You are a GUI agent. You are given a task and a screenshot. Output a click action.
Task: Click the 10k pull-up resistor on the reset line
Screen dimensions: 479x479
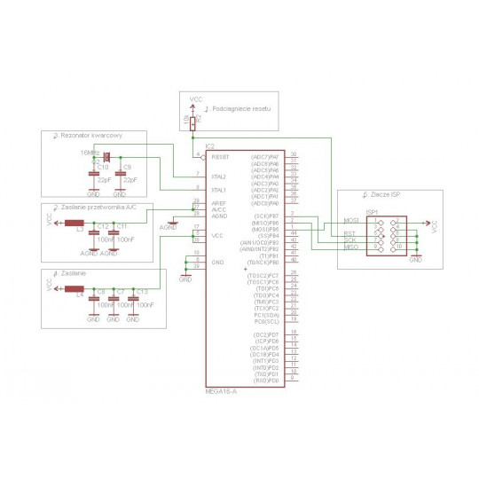(192, 122)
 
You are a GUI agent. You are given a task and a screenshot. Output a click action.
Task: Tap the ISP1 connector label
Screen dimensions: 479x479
(373, 212)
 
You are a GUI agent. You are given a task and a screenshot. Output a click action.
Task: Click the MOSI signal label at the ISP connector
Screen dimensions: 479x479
(351, 220)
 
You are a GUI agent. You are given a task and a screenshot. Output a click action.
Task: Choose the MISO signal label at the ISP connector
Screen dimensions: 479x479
(351, 246)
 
